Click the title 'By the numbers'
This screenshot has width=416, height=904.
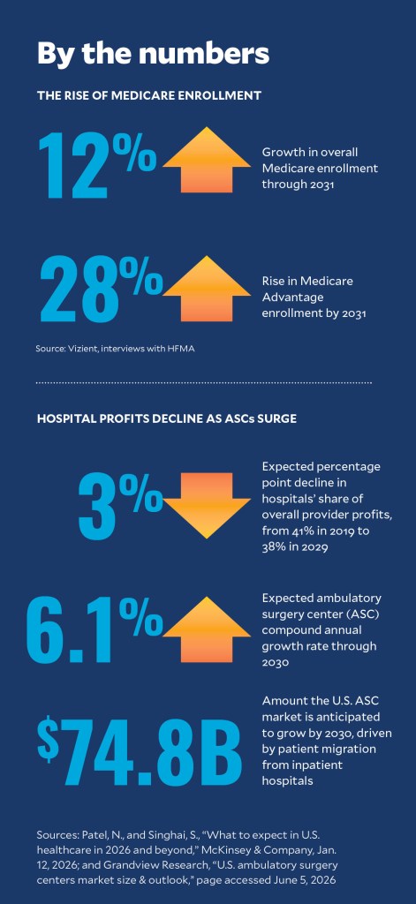(x=153, y=54)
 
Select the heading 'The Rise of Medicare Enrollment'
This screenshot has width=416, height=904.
(x=149, y=95)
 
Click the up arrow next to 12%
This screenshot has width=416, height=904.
(x=206, y=160)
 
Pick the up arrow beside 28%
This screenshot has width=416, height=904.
(x=206, y=289)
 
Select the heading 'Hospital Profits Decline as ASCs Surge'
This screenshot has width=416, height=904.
(x=167, y=419)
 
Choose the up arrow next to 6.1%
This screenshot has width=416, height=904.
(x=206, y=629)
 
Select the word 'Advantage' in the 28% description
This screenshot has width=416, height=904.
(x=287, y=298)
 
